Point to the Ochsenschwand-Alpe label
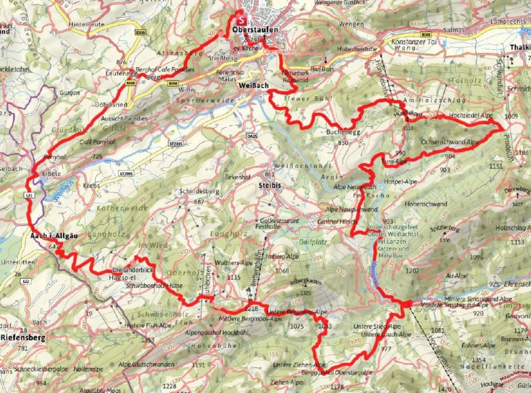450,142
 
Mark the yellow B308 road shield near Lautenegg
131,83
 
